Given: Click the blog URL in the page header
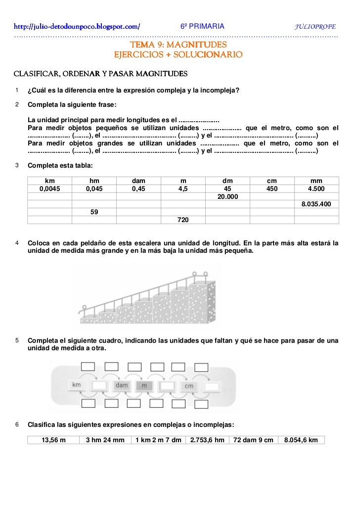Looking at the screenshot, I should [77, 26].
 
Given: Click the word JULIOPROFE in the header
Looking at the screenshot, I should [315, 26].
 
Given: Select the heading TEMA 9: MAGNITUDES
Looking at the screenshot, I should [178, 45].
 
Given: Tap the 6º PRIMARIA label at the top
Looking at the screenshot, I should [201, 26].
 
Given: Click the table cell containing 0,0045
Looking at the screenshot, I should [50, 188].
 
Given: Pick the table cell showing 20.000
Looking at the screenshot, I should [227, 196].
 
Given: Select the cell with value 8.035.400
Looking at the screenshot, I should [316, 204].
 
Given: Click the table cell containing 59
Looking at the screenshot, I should [94, 212].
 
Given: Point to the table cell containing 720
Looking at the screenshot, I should [183, 220].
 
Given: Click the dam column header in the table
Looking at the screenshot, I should [138, 181].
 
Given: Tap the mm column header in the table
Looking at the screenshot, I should [316, 181].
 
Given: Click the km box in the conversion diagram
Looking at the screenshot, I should [76, 385].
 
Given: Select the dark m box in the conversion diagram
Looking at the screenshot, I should [144, 385].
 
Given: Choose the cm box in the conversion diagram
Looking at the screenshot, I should [189, 386].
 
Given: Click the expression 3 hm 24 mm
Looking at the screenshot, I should [105, 440].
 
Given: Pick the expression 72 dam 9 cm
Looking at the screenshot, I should [253, 440].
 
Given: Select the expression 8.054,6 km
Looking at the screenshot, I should [301, 440].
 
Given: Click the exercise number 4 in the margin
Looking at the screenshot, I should [17, 243].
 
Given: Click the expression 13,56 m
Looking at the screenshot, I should [53, 440].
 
